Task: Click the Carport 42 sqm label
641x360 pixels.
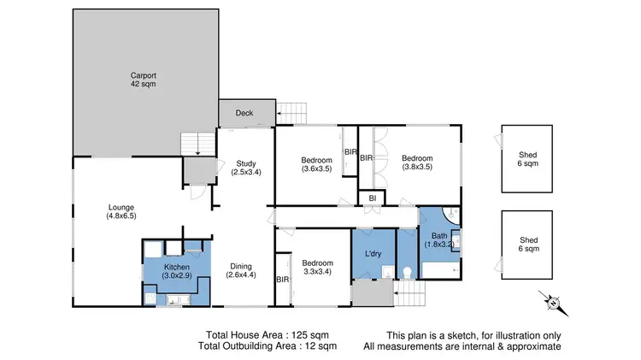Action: (x=143, y=80)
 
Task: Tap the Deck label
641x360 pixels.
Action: (x=244, y=112)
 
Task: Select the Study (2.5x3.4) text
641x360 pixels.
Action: (x=244, y=168)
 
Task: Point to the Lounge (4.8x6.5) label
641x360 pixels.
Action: (x=121, y=211)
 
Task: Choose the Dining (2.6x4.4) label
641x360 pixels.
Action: (x=240, y=271)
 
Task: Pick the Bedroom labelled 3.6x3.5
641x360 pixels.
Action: (x=315, y=163)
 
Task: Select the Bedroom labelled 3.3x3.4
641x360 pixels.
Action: (x=315, y=267)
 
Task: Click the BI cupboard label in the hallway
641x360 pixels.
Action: (x=372, y=198)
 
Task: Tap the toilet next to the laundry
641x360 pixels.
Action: (x=408, y=272)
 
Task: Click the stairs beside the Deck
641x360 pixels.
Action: (x=291, y=112)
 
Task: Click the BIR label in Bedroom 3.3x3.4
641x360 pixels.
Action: (x=282, y=280)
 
